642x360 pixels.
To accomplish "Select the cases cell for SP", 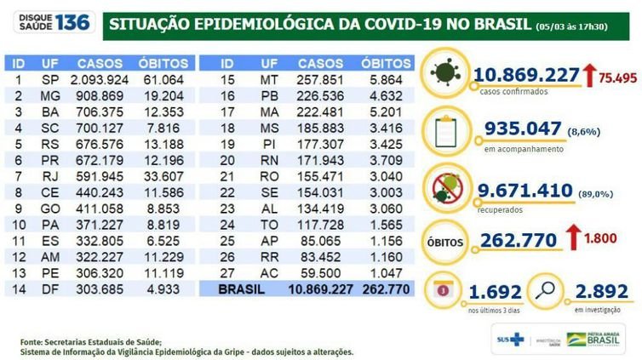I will click(104, 79).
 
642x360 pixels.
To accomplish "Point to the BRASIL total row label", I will click(241, 289).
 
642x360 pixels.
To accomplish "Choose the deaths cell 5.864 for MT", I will click(381, 79).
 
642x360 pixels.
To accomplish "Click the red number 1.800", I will click(603, 241).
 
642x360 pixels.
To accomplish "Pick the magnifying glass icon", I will click(543, 290).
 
